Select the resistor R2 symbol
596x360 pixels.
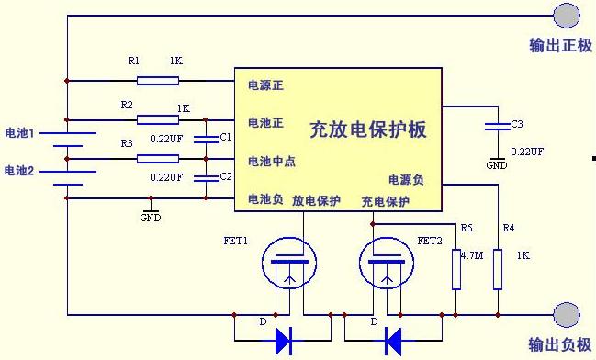158,119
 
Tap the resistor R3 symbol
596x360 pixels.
158,158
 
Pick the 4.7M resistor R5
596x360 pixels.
455,265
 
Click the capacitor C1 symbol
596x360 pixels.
207,139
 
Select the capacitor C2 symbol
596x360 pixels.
207,177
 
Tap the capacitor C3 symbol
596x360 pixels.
496,124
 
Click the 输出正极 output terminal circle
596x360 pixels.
566,14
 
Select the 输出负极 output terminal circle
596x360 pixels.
566,315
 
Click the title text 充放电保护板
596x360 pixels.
368,129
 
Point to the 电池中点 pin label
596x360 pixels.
272,162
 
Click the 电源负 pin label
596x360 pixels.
405,180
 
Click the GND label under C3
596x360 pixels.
496,165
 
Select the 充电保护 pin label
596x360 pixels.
385,201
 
